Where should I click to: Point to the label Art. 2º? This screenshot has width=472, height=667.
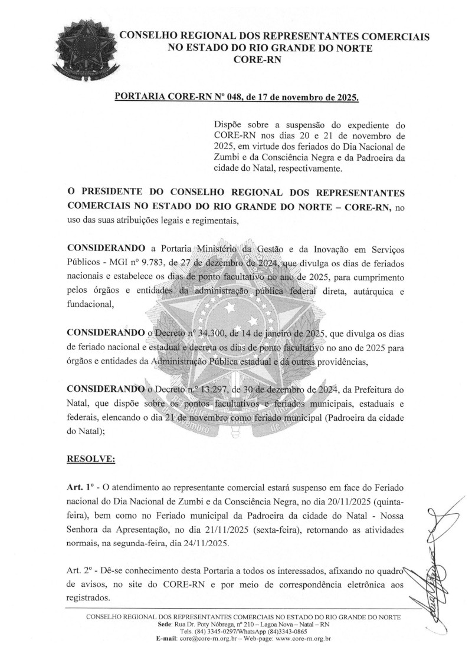[81, 570]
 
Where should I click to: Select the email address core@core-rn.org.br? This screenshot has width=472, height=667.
[208, 638]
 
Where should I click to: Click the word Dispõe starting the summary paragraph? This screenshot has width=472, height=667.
[229, 126]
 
